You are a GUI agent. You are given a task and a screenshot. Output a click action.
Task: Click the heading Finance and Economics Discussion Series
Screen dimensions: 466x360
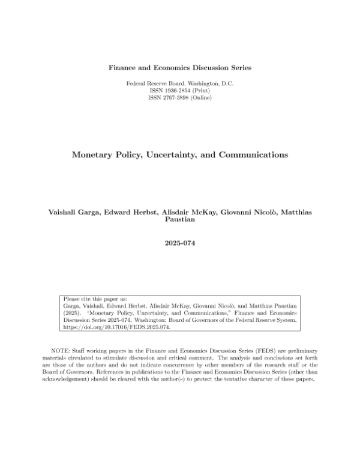point(180,68)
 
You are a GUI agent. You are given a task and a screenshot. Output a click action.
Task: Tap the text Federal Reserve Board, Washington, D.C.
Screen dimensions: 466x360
point(180,82)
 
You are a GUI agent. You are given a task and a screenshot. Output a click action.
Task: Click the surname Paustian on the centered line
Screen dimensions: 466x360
point(180,220)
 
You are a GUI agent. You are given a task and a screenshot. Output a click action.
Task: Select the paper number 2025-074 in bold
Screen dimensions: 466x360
point(180,244)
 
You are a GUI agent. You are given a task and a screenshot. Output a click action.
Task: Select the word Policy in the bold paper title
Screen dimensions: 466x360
point(132,154)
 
